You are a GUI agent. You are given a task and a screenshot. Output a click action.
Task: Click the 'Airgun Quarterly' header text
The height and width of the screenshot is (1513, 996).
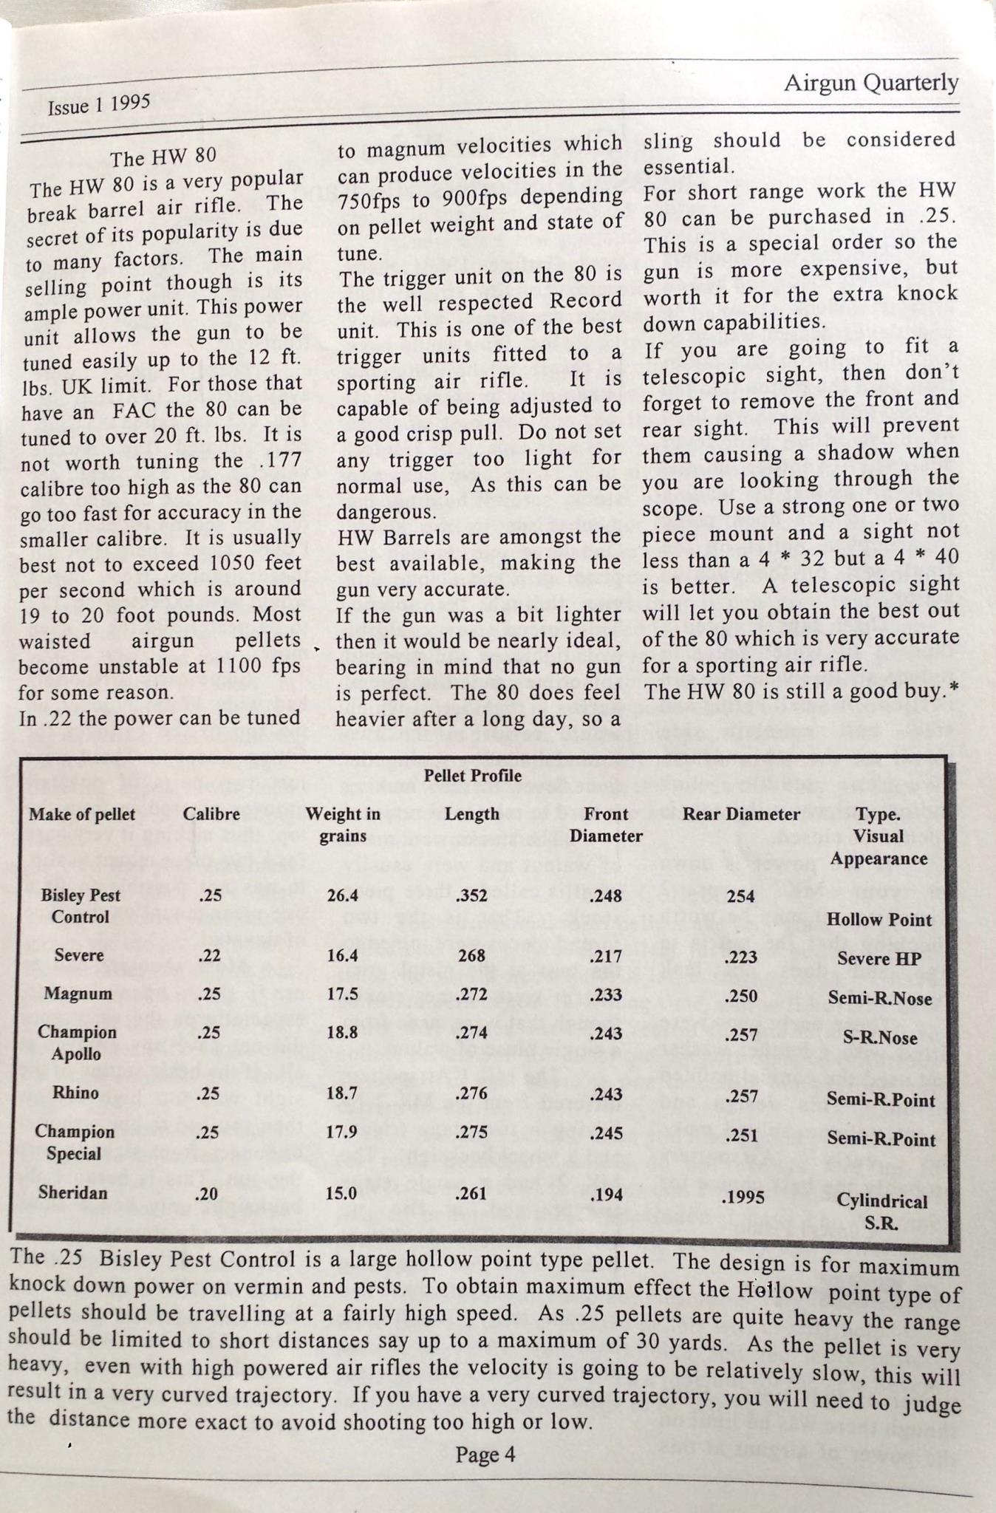click(871, 83)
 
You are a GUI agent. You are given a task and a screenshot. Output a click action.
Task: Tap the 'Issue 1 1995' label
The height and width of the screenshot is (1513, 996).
click(99, 105)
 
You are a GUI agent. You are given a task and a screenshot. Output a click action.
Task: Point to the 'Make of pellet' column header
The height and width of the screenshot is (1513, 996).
click(82, 814)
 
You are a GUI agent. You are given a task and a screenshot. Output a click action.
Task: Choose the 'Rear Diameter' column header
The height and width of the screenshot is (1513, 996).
click(741, 814)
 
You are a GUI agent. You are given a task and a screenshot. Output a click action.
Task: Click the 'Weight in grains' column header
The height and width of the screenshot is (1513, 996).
click(343, 825)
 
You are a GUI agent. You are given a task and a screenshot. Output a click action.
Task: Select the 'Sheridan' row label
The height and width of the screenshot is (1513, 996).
click(73, 1192)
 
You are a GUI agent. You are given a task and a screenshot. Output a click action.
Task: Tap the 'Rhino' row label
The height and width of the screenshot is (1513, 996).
click(76, 1093)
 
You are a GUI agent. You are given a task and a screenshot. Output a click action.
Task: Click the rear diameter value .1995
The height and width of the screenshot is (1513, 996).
click(741, 1196)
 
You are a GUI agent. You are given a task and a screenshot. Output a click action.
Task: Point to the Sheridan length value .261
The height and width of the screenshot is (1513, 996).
click(471, 1194)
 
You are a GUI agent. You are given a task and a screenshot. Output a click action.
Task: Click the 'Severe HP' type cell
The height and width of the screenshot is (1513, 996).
click(879, 959)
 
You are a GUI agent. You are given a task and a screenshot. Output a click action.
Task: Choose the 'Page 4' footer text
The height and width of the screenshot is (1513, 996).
click(485, 1455)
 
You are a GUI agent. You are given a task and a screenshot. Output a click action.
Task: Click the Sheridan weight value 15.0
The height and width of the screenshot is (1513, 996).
click(342, 1194)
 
